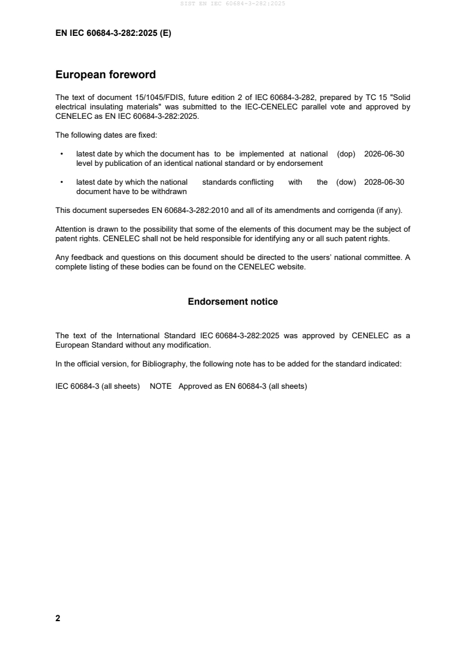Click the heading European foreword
[105, 75]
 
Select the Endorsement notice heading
[233, 302]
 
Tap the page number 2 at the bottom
[58, 618]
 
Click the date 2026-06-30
[384, 154]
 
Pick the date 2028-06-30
[384, 182]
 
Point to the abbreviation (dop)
[346, 154]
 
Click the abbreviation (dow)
[346, 182]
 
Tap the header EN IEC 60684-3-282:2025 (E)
[113, 34]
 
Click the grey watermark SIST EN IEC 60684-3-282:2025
[233, 4]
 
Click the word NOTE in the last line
[160, 387]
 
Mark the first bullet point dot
[62, 154]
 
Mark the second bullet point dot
[62, 182]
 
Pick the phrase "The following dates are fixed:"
[106, 135]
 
